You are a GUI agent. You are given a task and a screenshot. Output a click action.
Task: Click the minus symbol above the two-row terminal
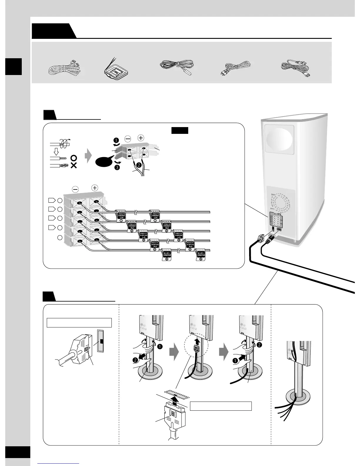[x=128, y=138]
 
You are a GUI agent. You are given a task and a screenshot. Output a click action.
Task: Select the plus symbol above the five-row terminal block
[x=94, y=187]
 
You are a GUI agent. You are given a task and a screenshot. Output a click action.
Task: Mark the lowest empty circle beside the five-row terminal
[x=60, y=237]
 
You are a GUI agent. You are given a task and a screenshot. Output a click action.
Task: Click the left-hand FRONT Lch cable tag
[x=121, y=216]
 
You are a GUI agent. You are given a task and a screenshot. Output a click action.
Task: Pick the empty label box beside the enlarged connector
[x=221, y=406]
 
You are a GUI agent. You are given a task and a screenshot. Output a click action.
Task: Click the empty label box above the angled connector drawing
[x=79, y=322]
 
